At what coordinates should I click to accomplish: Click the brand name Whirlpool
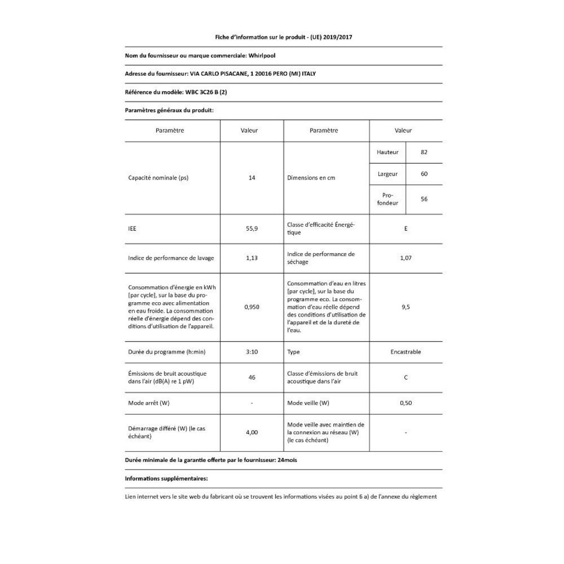click(x=262, y=55)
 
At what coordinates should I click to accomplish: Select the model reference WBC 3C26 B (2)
click(x=205, y=92)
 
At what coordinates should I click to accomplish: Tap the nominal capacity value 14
click(x=252, y=178)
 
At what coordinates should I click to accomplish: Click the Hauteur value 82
click(x=424, y=152)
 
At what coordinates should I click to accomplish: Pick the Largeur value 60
click(x=424, y=174)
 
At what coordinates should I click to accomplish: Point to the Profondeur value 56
click(x=424, y=199)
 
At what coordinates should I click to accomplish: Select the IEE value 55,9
click(x=252, y=228)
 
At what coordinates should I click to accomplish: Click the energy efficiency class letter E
click(x=406, y=228)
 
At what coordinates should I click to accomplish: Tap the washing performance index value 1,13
click(x=252, y=258)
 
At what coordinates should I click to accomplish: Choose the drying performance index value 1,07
click(x=406, y=258)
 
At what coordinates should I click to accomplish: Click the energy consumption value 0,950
click(x=252, y=307)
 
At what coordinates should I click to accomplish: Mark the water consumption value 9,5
click(x=406, y=307)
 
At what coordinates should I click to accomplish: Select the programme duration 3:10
click(x=252, y=352)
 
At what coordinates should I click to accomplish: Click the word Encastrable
click(x=406, y=352)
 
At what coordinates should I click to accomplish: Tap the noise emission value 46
click(x=252, y=377)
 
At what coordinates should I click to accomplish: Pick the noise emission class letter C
click(x=406, y=377)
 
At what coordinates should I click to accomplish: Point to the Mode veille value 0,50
click(x=406, y=403)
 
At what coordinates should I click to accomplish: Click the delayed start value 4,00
click(x=252, y=432)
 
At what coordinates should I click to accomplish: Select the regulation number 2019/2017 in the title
click(x=337, y=37)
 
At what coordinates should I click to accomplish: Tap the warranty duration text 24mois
click(x=287, y=460)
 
